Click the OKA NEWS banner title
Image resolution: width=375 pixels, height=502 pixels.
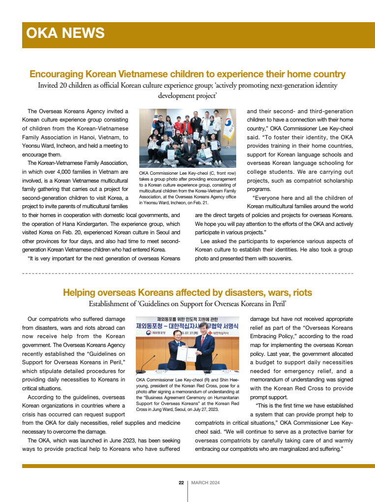(65, 33)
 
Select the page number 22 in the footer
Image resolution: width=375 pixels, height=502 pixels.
(181, 483)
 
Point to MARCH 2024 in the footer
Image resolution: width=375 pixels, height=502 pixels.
(205, 483)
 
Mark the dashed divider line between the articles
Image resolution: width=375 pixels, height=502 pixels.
(187, 272)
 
